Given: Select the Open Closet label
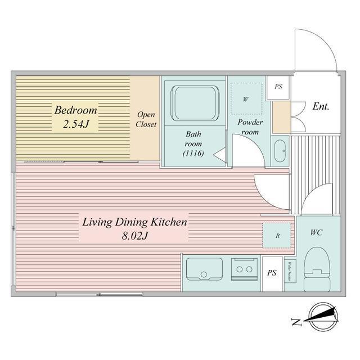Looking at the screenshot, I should coord(146,119).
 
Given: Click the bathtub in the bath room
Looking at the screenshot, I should coord(193,103).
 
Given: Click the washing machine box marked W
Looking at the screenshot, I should coord(246,99).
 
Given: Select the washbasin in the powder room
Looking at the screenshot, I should coord(279,150).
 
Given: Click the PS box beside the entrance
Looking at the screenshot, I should coord(278,87).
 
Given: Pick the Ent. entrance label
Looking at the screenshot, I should coord(321,106).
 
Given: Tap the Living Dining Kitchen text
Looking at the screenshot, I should coord(134,222).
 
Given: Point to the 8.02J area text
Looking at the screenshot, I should coord(134,236).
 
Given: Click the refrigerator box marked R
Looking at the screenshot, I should coord(277,236).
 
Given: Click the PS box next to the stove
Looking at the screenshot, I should coord(272,274).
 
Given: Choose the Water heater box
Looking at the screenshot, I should coord(290,272).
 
